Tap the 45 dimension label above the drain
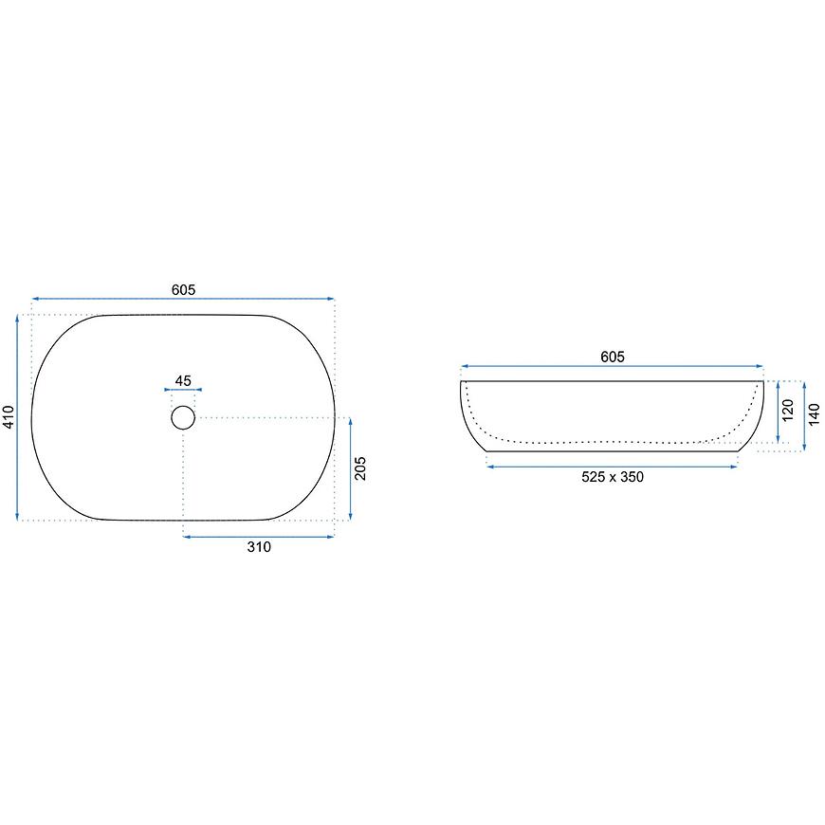pos(183,380)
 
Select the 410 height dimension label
pos(9,417)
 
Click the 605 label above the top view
pos(183,290)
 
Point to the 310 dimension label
pos(259,547)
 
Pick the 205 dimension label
pos(360,468)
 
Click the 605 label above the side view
pos(613,357)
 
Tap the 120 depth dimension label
pos(788,411)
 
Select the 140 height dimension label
pos(814,414)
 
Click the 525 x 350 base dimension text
pos(613,477)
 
